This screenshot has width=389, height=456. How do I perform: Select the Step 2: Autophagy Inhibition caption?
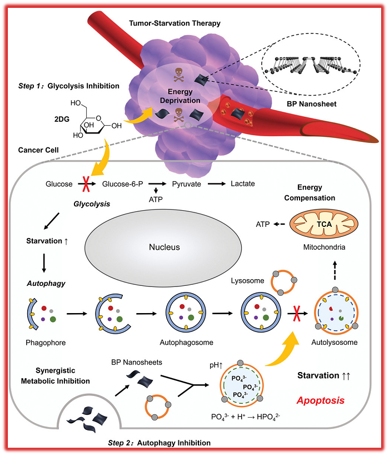(x=159, y=443)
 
